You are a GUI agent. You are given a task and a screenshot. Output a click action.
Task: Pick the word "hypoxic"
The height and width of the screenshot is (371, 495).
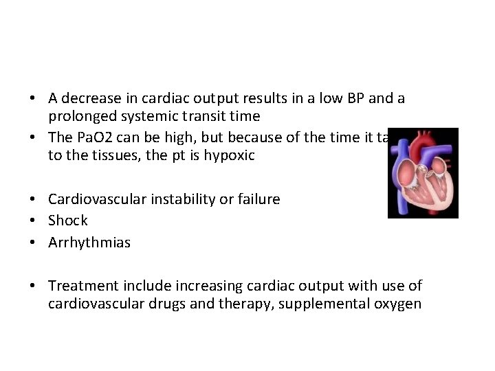(229, 155)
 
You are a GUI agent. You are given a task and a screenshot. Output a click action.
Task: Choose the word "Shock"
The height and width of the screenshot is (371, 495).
(68, 221)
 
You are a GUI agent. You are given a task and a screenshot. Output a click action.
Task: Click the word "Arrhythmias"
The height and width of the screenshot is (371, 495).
(89, 243)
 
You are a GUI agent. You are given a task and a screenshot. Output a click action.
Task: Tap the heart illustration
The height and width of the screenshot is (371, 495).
(422, 173)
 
